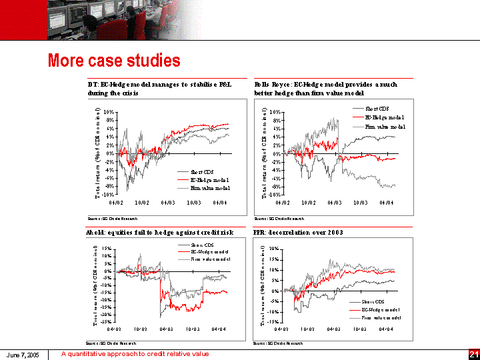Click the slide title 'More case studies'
(x=114, y=61)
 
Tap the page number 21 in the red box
(x=474, y=354)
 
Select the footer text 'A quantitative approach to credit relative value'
(x=135, y=354)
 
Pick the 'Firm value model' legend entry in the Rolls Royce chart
(x=385, y=126)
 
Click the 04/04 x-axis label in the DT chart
(x=219, y=202)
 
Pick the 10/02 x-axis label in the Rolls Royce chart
(x=308, y=202)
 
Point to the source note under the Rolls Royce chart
(x=279, y=218)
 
